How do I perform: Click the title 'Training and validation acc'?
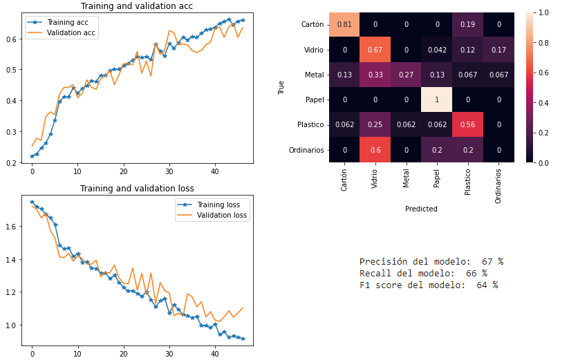[136, 6]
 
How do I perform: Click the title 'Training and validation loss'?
[136, 188]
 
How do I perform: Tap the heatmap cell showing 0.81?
[344, 25]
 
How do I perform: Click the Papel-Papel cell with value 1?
[436, 100]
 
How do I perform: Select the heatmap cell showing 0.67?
[375, 50]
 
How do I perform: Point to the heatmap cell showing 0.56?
[467, 124]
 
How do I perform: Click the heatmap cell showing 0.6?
[375, 149]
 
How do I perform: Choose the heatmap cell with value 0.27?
[406, 75]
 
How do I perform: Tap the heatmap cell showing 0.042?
[436, 50]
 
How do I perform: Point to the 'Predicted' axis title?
[421, 208]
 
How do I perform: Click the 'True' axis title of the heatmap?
[281, 87]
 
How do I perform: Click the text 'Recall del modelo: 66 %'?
[423, 274]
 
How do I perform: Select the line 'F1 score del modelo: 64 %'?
[429, 285]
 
